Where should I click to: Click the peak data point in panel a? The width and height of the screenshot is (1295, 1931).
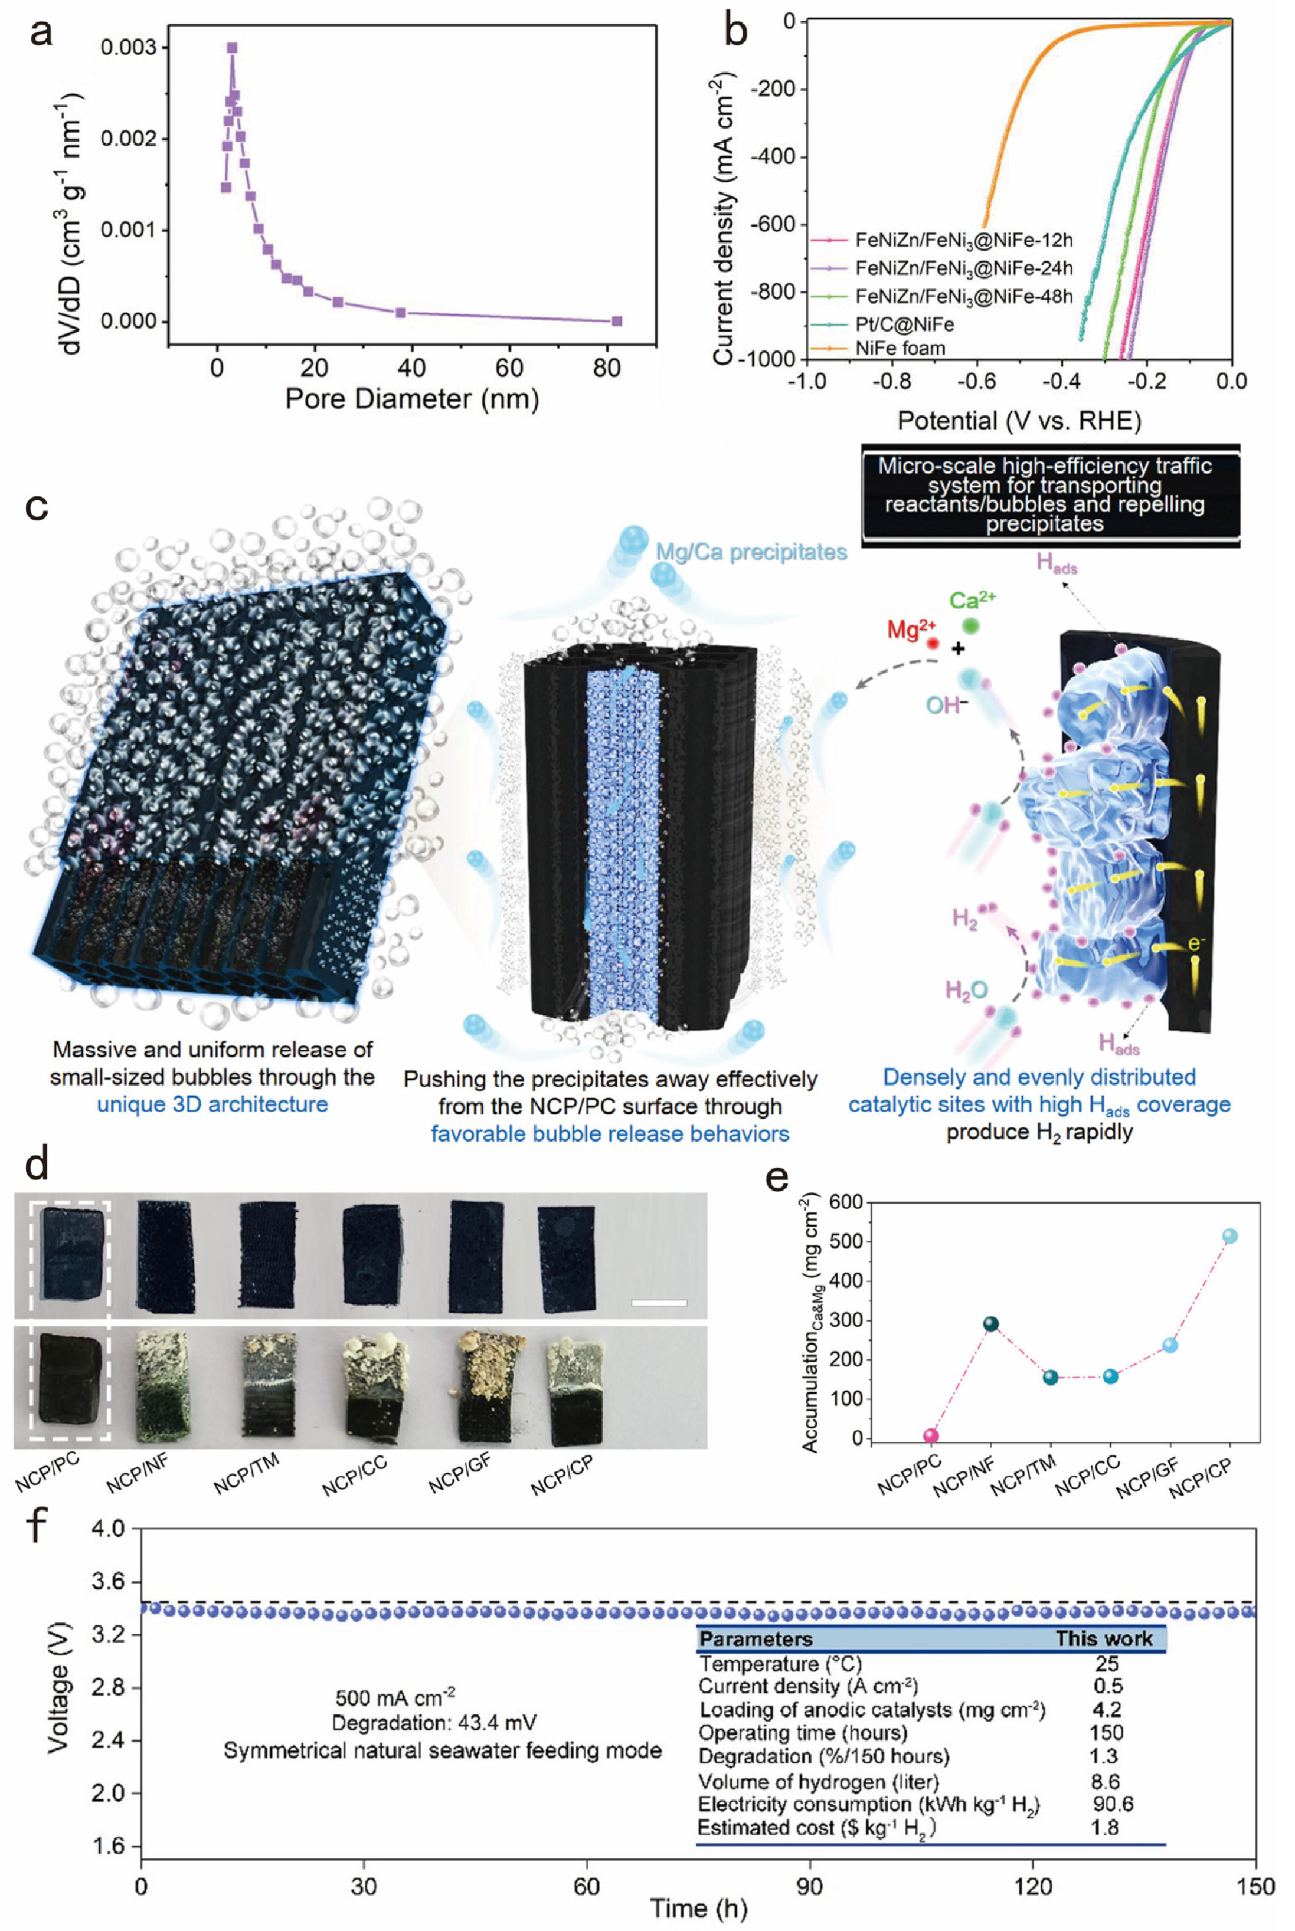tap(232, 48)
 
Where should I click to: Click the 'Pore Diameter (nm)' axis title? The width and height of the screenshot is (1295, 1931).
tap(411, 399)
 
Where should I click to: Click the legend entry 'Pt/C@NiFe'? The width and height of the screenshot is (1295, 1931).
tap(904, 324)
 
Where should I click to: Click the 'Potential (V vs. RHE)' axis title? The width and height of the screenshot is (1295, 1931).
tap(1018, 421)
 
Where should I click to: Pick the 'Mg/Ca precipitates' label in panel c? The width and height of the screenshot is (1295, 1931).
tap(751, 552)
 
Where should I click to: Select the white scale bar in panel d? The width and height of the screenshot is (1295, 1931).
tap(658, 1303)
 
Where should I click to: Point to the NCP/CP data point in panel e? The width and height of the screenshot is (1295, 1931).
tap(1229, 1236)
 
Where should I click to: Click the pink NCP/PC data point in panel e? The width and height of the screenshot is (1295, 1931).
tap(931, 1435)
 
